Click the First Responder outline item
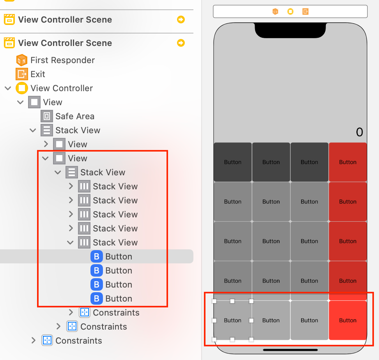click(62, 60)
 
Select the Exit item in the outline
click(38, 74)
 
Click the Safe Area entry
click(74, 116)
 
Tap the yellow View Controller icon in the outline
click(22, 88)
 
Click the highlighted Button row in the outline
click(119, 256)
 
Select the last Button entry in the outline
click(119, 298)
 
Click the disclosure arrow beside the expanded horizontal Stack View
click(71, 242)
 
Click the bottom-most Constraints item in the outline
click(78, 341)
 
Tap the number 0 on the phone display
click(359, 132)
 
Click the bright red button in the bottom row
click(347, 320)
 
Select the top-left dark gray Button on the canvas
click(232, 162)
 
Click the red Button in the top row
click(347, 162)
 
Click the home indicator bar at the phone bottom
click(290, 350)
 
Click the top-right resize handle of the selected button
click(251, 301)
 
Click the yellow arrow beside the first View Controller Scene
click(181, 19)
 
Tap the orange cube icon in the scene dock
click(275, 12)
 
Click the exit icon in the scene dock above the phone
click(305, 12)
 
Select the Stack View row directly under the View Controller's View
click(78, 130)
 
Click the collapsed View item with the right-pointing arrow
click(77, 144)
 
